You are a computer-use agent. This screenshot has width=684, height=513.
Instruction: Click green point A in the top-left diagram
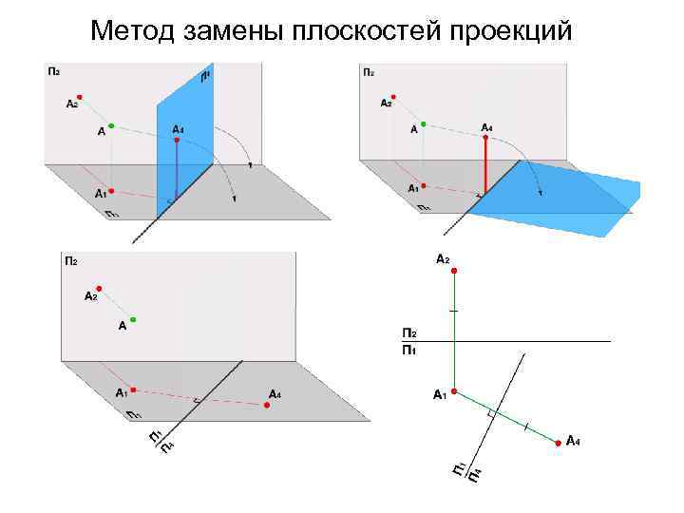[111, 125]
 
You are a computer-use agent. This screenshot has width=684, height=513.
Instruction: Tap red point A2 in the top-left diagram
[81, 96]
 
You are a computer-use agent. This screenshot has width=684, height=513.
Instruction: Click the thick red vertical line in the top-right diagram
[485, 165]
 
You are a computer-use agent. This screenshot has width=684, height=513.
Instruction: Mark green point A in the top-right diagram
[424, 123]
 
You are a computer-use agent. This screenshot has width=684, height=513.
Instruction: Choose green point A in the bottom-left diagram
[133, 320]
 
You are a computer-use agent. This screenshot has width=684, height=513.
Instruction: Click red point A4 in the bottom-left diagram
[267, 405]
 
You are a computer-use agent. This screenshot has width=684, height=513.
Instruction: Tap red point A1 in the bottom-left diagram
[134, 389]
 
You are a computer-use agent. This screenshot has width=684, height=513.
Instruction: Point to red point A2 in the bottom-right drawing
[454, 272]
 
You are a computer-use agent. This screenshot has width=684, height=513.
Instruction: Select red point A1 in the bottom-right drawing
[454, 391]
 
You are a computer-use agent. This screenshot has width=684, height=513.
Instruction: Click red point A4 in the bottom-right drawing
[556, 440]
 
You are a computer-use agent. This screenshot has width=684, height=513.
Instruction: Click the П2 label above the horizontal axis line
[408, 333]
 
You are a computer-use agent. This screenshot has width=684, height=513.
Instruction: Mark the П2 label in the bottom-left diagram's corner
[70, 260]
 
